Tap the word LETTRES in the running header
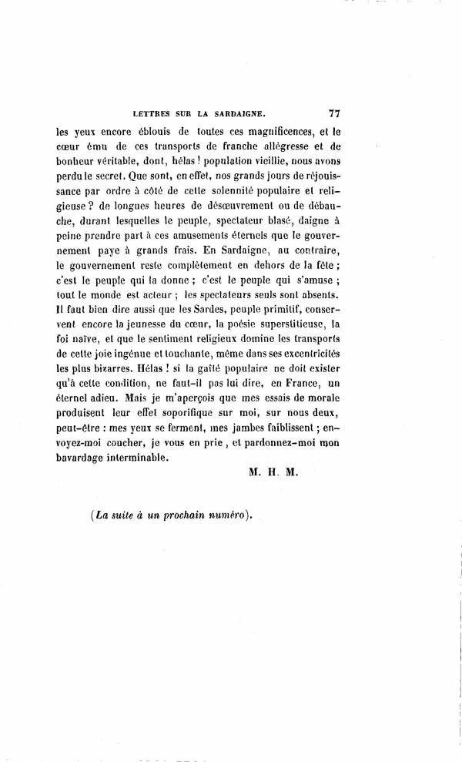point(156,113)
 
